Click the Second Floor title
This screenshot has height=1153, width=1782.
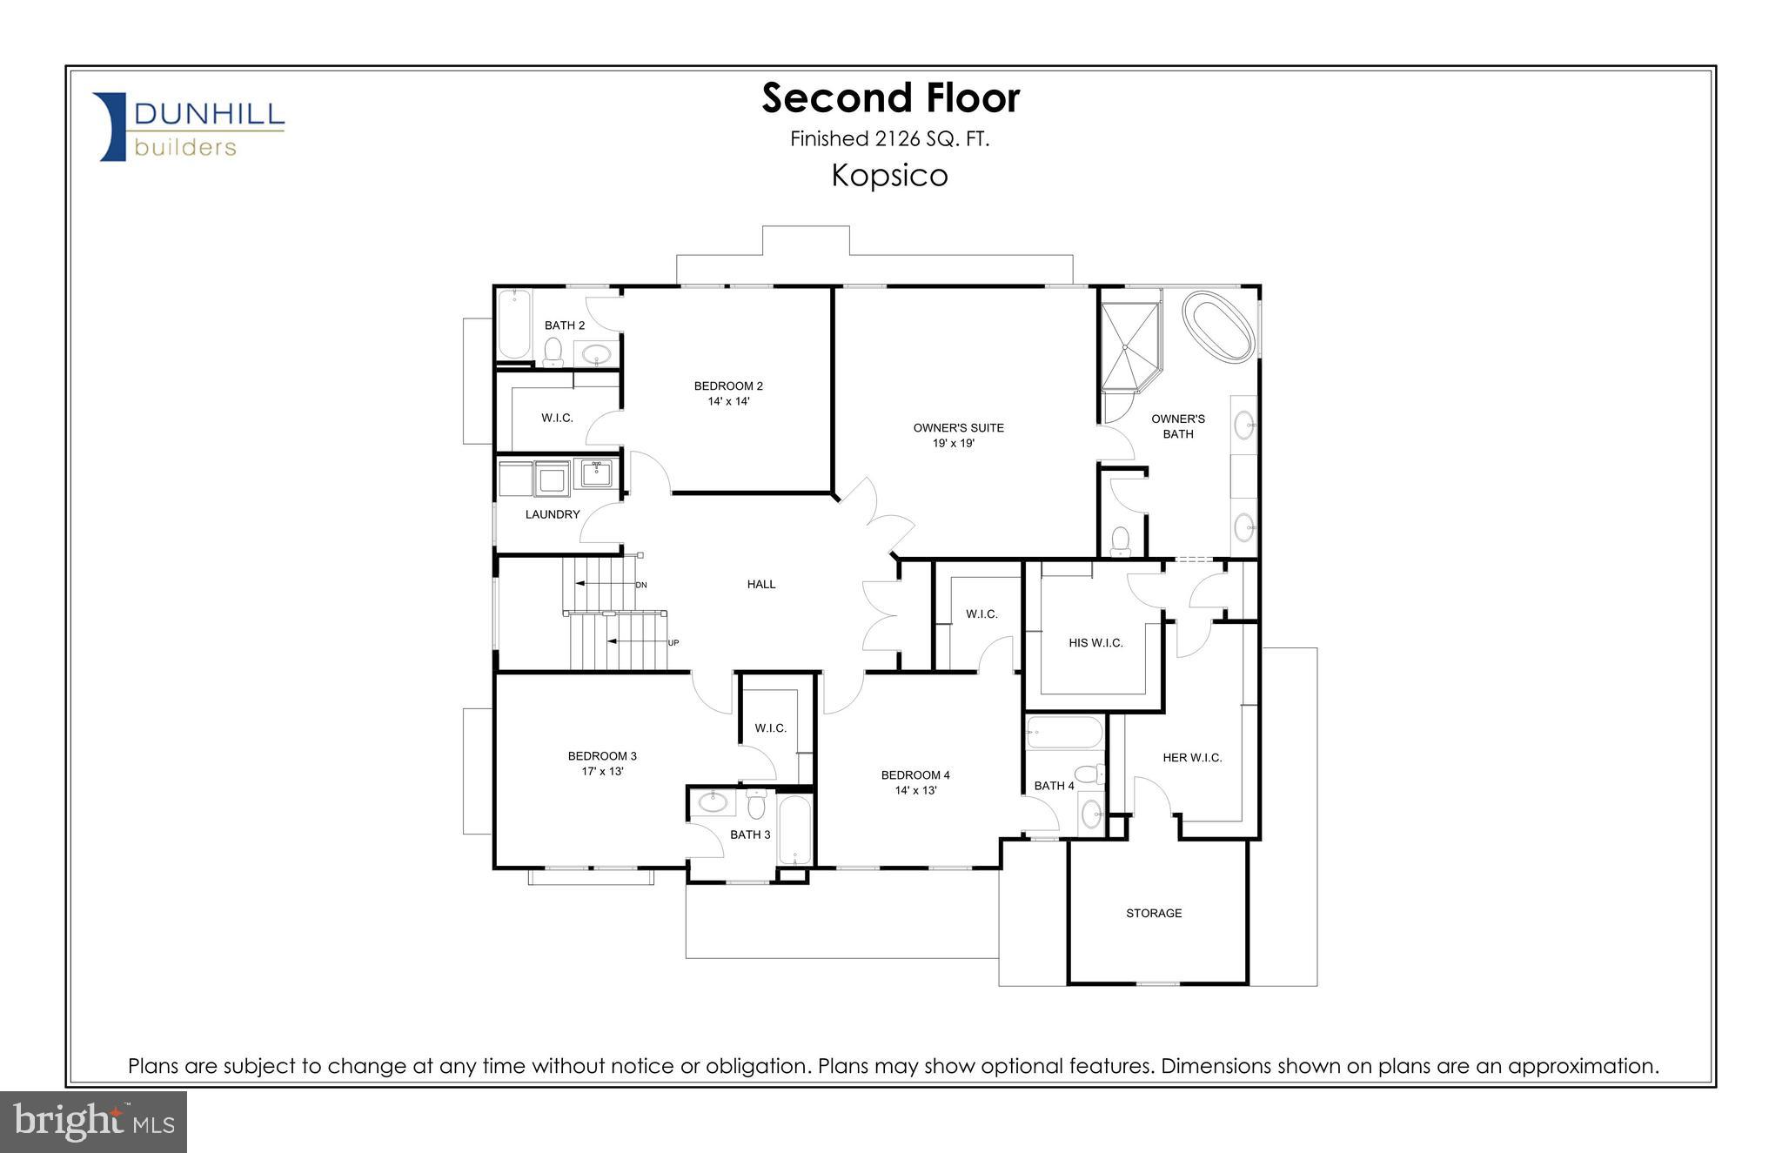pos(890,97)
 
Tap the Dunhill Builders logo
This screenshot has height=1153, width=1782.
pos(190,127)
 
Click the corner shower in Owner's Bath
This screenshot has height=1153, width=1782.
pos(1129,345)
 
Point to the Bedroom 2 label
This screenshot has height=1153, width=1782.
pos(728,385)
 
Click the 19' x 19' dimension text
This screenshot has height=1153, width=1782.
pos(954,443)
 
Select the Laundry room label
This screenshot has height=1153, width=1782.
pos(552,514)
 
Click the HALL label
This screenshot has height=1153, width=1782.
pos(760,584)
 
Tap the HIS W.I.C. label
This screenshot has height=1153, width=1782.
pos(1095,643)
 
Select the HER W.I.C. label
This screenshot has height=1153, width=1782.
pos(1192,758)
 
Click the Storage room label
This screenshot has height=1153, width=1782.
pos(1154,913)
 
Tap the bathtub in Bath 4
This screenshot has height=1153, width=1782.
pos(1064,733)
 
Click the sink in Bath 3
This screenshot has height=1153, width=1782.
pos(713,801)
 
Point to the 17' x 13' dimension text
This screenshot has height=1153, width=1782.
pos(602,771)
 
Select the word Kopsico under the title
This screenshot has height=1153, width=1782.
pos(889,176)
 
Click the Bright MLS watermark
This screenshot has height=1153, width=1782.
pos(93,1122)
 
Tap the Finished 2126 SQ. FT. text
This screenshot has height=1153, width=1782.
pos(889,138)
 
